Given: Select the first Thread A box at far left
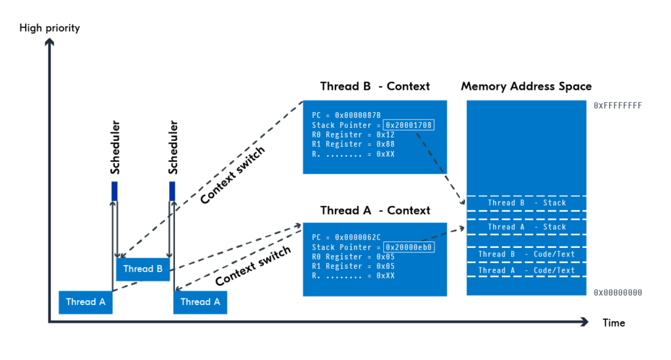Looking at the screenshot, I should [x=86, y=302].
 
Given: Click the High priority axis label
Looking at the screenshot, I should [x=50, y=28].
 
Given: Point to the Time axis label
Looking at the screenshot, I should [x=614, y=323].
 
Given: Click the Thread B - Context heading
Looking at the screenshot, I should [x=375, y=87].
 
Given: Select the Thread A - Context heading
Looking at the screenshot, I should [x=375, y=210].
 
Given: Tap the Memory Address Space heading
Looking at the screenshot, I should [x=526, y=87].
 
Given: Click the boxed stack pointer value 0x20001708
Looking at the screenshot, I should [x=410, y=125].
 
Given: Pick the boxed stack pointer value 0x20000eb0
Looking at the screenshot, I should [x=410, y=247].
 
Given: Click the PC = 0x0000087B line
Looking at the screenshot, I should [x=347, y=115].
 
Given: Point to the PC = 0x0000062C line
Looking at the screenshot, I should [x=347, y=237].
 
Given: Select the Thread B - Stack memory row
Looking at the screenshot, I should [x=526, y=203].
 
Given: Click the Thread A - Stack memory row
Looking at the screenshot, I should [x=526, y=227].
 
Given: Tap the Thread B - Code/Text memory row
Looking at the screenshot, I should [x=526, y=254].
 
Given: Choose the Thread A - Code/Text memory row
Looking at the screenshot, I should [x=526, y=270].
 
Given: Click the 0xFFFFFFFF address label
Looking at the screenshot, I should [x=617, y=106].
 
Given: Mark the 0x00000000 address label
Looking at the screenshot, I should [x=617, y=292].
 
